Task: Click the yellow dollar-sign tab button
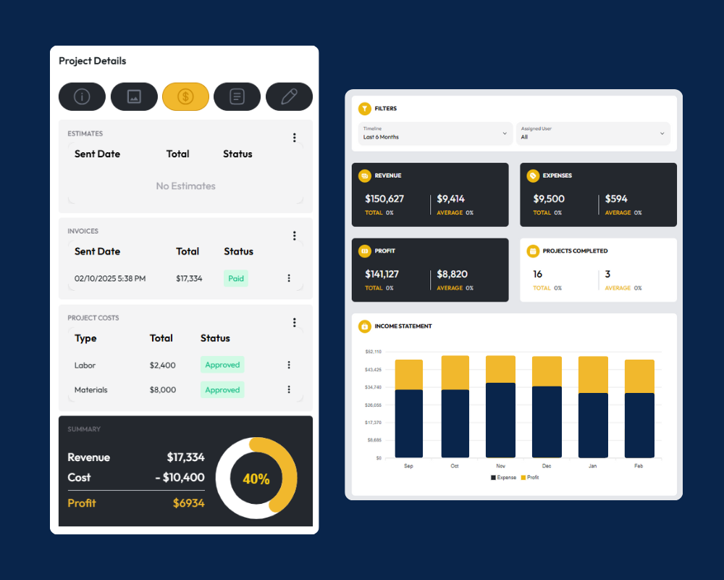(185, 96)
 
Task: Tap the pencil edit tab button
(289, 96)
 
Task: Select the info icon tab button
(82, 96)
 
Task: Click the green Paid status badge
(236, 278)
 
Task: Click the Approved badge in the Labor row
(222, 365)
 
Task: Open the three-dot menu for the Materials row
(289, 390)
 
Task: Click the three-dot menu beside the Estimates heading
(294, 138)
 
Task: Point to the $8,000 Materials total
(163, 390)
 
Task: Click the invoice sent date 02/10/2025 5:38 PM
(110, 278)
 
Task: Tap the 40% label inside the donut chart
(256, 479)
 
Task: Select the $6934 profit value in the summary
(188, 503)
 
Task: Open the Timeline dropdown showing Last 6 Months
(435, 133)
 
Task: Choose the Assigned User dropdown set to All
(592, 133)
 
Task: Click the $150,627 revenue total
(384, 199)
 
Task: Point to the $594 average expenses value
(616, 199)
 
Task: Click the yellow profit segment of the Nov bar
(500, 369)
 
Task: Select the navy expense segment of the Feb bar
(639, 425)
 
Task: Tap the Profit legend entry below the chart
(530, 478)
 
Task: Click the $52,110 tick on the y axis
(374, 352)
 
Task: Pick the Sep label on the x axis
(408, 466)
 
